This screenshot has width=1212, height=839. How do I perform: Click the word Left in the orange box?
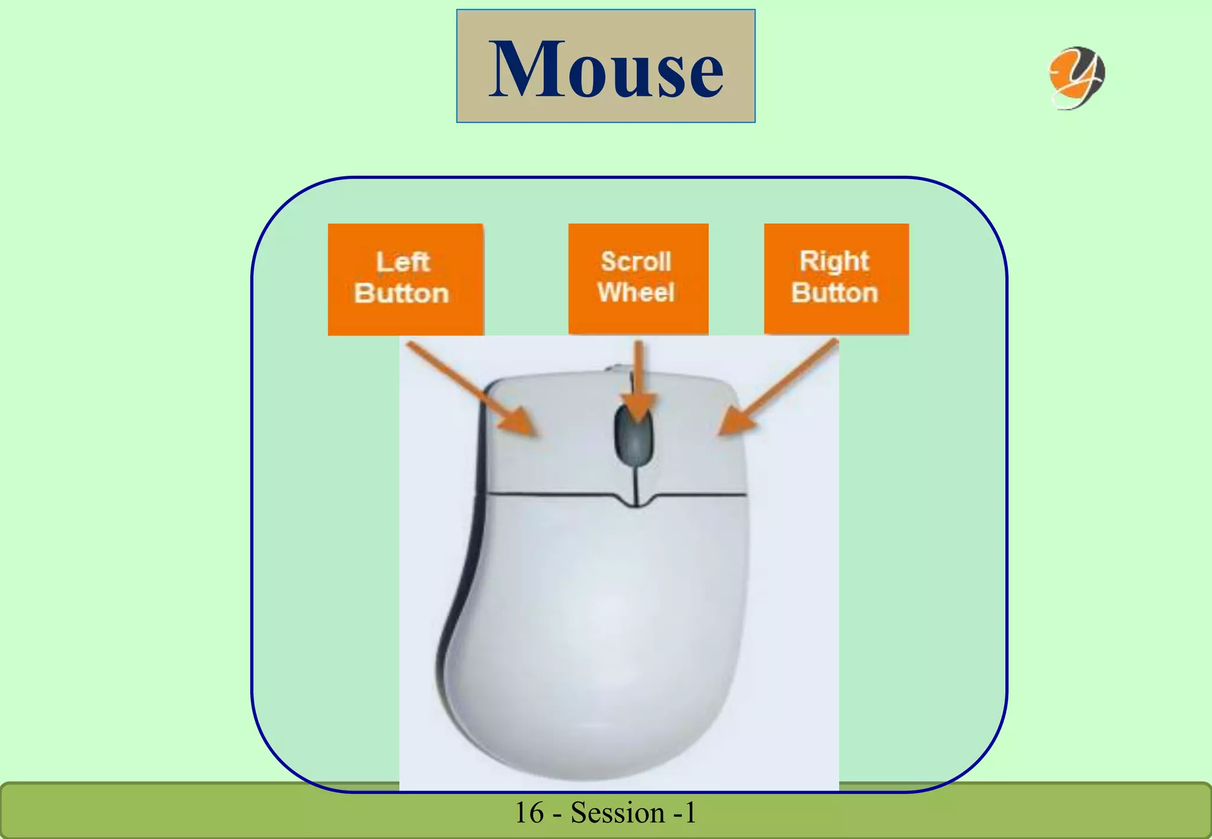402,262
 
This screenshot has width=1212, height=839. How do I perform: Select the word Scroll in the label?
636,262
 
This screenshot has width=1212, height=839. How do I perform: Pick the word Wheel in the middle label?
636,292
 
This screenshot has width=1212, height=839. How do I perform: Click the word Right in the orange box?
834,262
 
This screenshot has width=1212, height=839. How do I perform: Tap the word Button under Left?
402,293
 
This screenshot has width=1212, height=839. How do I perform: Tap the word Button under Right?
834,293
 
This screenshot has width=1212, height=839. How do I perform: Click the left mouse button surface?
550,462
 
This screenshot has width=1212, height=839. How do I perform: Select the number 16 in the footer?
529,813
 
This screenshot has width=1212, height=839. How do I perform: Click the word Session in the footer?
617,813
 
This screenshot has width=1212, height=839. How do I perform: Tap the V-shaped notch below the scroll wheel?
637,503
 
